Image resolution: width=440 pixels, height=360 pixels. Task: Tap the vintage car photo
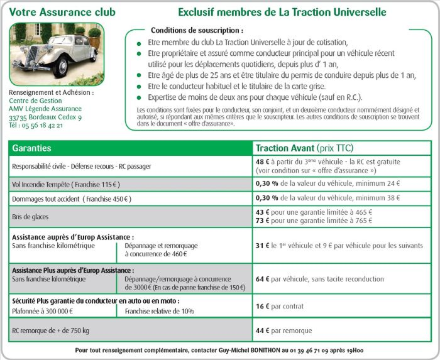point(57,55)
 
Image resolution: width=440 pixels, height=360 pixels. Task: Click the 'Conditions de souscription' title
point(197,30)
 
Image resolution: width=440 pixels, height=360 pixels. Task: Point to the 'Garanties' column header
point(31,148)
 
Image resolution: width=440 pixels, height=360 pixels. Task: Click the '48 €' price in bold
point(263,161)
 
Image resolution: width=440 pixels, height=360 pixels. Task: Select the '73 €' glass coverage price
point(263,221)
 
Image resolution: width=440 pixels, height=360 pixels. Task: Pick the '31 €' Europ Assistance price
point(263,244)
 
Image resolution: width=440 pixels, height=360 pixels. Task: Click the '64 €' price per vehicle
point(263,278)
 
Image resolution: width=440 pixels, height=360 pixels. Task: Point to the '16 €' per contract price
point(263,307)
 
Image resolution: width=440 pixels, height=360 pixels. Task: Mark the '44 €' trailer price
point(263,330)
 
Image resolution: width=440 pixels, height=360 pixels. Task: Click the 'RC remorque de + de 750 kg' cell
point(51,330)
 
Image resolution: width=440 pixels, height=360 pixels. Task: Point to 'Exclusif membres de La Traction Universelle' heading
point(282,13)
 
